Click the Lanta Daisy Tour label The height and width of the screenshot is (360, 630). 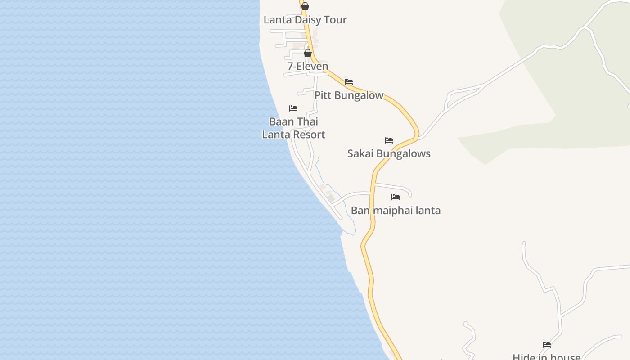click(x=305, y=20)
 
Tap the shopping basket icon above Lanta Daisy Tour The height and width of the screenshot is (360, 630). click(x=305, y=6)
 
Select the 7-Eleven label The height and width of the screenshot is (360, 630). click(x=308, y=67)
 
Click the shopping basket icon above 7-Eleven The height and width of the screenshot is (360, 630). click(x=308, y=53)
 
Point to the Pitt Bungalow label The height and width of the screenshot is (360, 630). click(x=349, y=95)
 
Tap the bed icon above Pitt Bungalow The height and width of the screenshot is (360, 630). click(x=349, y=82)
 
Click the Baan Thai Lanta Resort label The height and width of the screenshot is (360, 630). click(x=293, y=128)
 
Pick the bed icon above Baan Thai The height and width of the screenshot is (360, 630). click(x=293, y=108)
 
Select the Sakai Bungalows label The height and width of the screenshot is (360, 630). click(x=389, y=154)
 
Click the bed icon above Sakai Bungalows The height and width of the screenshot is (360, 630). click(x=389, y=140)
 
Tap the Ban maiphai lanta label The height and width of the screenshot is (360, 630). click(x=396, y=211)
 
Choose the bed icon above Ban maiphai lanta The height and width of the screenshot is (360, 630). click(x=396, y=197)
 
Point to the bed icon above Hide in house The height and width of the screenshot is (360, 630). click(x=547, y=345)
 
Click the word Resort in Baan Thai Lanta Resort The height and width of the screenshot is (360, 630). click(x=309, y=135)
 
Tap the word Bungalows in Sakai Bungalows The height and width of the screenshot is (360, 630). click(x=403, y=154)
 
